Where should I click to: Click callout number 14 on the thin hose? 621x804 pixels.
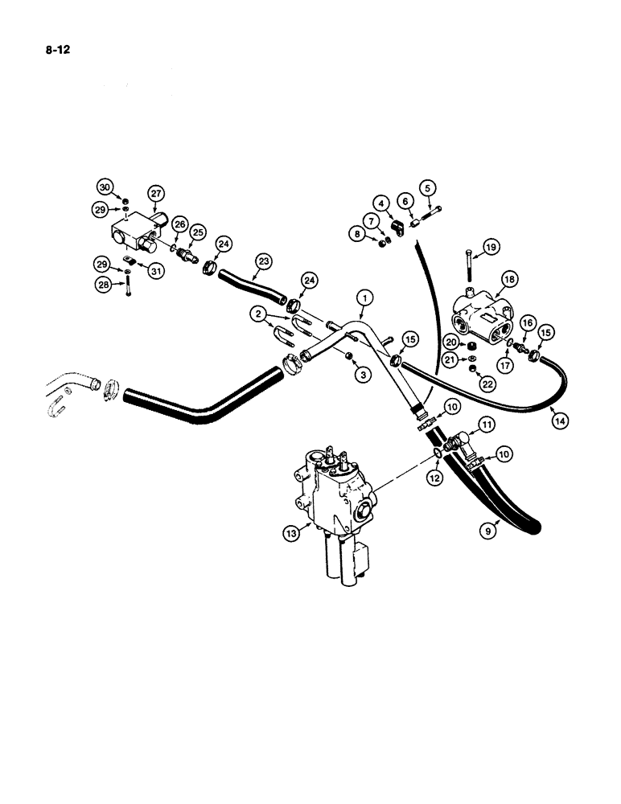tap(557, 417)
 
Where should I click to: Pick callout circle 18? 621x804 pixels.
tap(508, 279)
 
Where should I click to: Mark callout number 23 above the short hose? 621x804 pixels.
tap(263, 260)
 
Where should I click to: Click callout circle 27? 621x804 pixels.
tap(155, 192)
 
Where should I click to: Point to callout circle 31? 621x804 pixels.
tap(155, 270)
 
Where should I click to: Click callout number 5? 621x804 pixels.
tap(428, 188)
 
